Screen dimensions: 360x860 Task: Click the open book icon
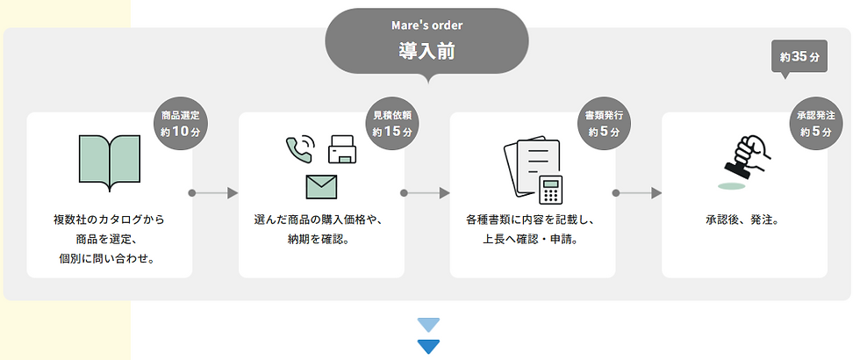[109, 162]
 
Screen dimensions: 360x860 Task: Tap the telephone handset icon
[299, 148]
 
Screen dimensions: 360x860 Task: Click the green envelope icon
[322, 186]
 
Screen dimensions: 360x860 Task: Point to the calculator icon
[551, 188]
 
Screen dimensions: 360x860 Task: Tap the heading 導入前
[426, 51]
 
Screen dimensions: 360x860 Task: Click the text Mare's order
[426, 25]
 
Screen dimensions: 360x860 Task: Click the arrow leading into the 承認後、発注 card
[637, 192]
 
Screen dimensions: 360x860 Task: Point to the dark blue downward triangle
[428, 346]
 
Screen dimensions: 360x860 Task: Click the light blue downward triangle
[428, 325]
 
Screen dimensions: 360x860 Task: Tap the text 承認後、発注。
[744, 220]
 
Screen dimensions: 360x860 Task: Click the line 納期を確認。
[321, 239]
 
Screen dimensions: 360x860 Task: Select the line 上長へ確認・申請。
[533, 239]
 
